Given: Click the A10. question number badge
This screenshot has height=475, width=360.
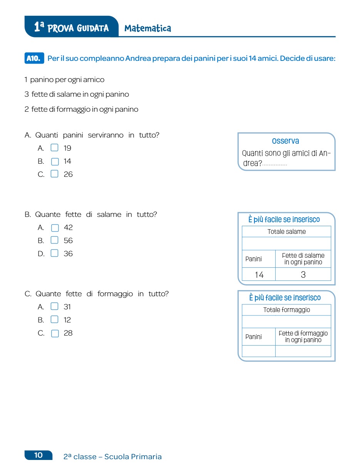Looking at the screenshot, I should pyautogui.click(x=34, y=59).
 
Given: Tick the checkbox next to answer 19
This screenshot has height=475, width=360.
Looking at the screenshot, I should pyautogui.click(x=55, y=148).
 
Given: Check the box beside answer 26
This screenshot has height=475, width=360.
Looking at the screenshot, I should pyautogui.click(x=55, y=174).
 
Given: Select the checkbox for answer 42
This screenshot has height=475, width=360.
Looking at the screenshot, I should pyautogui.click(x=55, y=227).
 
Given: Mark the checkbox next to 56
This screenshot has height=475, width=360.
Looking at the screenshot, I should pyautogui.click(x=55, y=240).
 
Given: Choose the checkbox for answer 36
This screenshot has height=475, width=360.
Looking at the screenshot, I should pyautogui.click(x=55, y=253).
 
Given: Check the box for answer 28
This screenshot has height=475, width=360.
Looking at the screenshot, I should pyautogui.click(x=55, y=333).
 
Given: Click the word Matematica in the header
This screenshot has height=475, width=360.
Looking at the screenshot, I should pyautogui.click(x=148, y=28).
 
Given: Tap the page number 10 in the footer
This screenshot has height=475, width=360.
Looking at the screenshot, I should pyautogui.click(x=39, y=455).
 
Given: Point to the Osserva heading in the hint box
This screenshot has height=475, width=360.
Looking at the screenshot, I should pyautogui.click(x=285, y=141).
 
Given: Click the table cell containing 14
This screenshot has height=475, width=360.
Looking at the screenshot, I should pyautogui.click(x=259, y=274).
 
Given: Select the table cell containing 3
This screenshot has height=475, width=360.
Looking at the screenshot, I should pyautogui.click(x=303, y=274).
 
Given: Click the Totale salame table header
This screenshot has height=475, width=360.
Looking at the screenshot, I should pyautogui.click(x=286, y=232).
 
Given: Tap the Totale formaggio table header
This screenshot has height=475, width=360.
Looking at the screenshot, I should pyautogui.click(x=286, y=310).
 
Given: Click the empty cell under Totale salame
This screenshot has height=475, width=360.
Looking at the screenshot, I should pyautogui.click(x=286, y=243).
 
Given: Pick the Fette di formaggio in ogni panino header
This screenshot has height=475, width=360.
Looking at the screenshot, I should pyautogui.click(x=303, y=336).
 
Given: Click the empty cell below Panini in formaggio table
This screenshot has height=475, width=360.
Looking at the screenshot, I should pyautogui.click(x=259, y=351).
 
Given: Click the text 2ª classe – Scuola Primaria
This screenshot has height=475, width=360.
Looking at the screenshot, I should pyautogui.click(x=112, y=457).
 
